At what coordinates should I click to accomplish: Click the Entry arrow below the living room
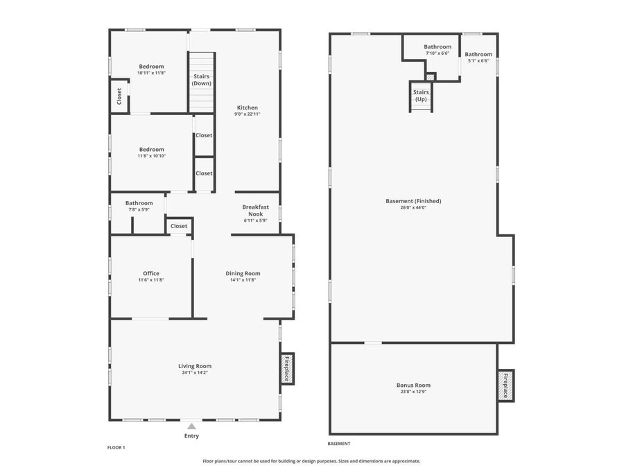191,426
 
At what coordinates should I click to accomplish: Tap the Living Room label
195,366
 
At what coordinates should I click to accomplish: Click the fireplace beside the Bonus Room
505,385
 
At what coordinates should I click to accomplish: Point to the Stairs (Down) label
202,80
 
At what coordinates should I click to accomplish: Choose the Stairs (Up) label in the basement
421,96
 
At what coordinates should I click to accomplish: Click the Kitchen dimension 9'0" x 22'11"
248,114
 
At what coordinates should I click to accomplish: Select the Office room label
151,273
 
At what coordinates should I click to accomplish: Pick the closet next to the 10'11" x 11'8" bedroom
119,96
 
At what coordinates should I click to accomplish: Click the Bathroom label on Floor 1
139,203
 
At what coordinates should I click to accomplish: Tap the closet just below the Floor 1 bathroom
179,226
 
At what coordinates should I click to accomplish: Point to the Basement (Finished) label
413,201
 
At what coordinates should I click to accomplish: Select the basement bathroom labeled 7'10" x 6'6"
437,47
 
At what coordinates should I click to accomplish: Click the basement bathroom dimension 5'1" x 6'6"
478,61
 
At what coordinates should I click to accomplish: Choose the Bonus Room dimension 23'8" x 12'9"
413,392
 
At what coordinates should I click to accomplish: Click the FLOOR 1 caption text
116,447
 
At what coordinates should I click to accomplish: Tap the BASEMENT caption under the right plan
339,444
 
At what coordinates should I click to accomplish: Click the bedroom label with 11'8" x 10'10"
152,149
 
